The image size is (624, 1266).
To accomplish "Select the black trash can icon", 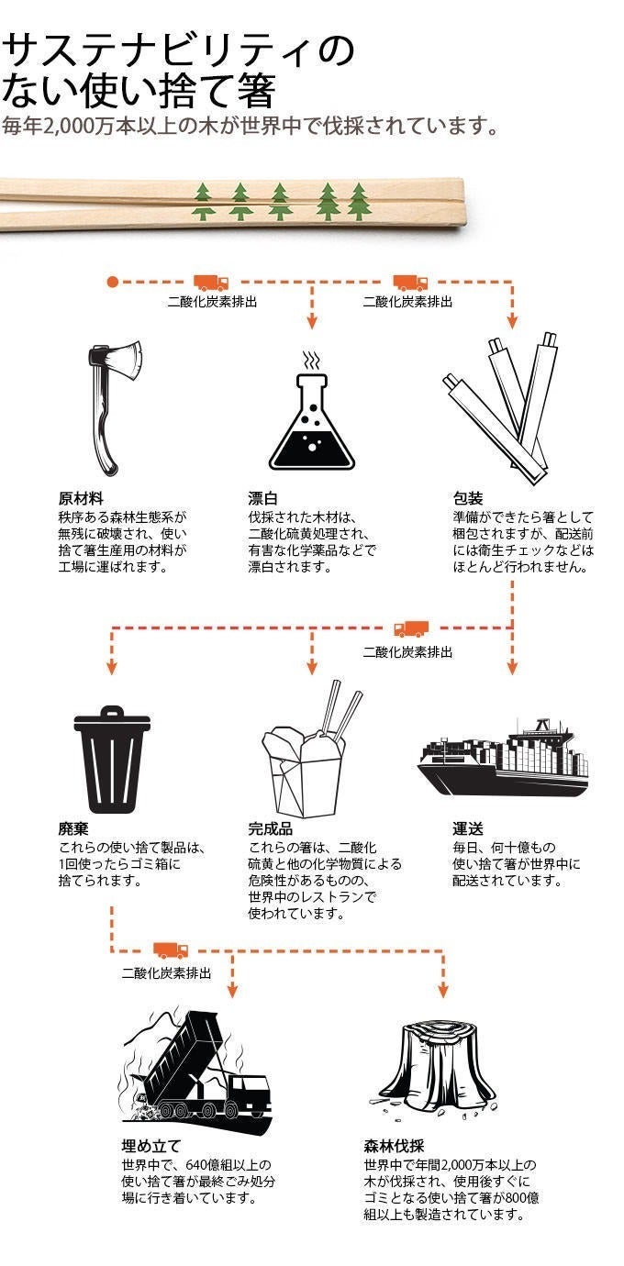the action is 112,759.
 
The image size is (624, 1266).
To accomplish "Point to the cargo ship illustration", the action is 503,758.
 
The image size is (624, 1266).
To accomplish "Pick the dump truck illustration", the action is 195,1065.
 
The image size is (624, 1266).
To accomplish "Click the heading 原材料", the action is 81,498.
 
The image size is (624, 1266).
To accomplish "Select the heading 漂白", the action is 262,498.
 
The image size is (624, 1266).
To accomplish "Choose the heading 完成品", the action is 271,828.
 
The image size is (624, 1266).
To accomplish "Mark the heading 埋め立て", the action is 150,1146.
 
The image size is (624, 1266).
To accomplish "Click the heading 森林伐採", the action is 394,1146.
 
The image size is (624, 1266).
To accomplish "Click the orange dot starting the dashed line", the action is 112,282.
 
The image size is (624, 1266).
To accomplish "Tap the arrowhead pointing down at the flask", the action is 311,322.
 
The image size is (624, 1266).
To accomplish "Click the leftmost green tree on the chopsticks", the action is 204,202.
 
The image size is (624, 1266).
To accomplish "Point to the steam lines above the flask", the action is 311,360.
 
